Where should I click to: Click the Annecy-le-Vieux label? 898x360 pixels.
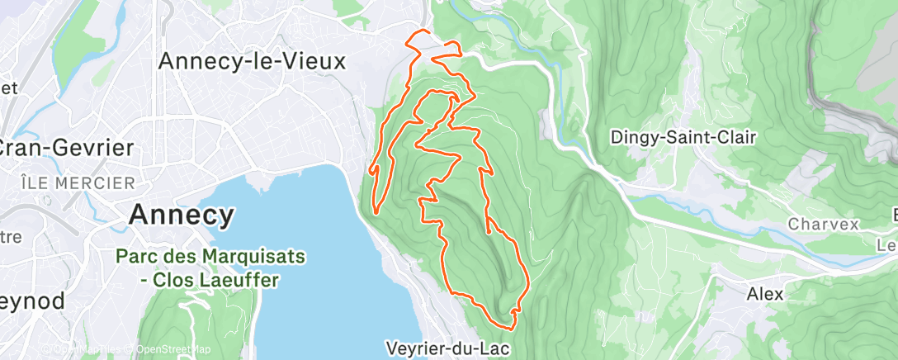click(251, 61)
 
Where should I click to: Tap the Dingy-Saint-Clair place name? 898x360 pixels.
click(683, 137)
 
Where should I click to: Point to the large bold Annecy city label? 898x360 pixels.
click(182, 216)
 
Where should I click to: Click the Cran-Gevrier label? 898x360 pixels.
click(66, 148)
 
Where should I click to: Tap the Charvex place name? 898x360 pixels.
click(823, 224)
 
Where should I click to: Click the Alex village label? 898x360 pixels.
click(765, 293)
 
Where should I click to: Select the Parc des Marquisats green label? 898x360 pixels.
click(210, 256)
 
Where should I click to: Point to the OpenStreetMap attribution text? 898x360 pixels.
click(174, 349)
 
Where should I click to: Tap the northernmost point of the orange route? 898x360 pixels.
click(423, 31)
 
